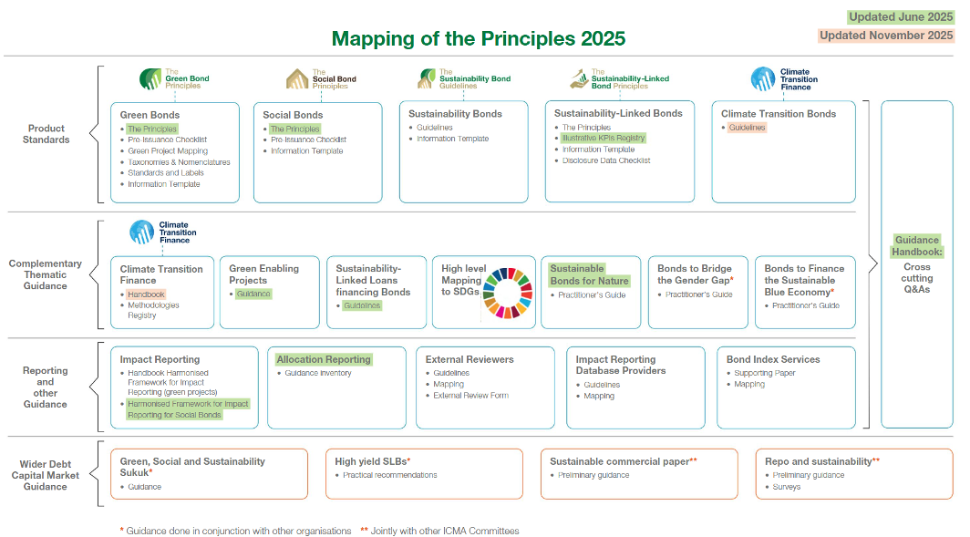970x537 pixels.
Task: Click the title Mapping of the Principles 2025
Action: [x=479, y=39]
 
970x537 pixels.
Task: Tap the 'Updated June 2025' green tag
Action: [x=901, y=17]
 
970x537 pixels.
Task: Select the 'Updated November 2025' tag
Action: [x=886, y=36]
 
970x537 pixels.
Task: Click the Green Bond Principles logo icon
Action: [x=150, y=79]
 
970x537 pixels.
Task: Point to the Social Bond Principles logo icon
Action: [x=297, y=79]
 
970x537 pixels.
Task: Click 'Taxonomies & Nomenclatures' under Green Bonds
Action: [x=179, y=162]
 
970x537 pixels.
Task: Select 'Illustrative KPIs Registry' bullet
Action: [x=604, y=138]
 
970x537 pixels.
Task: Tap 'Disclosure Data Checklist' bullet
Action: [x=606, y=160]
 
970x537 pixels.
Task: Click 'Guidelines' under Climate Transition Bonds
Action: [x=748, y=128]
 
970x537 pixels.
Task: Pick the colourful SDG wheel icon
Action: [x=508, y=293]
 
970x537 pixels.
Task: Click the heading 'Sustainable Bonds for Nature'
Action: [x=590, y=274]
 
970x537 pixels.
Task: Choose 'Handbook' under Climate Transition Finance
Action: [x=147, y=294]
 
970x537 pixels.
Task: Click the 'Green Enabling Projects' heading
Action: [x=264, y=274]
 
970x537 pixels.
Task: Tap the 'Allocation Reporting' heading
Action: [x=324, y=359]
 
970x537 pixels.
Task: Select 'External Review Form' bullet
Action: [x=470, y=396]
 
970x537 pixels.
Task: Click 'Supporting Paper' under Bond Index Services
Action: [x=765, y=373]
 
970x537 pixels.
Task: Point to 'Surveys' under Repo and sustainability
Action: [x=786, y=487]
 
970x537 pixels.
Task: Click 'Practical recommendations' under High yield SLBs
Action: [x=390, y=475]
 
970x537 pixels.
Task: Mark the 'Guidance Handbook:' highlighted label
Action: [x=917, y=245]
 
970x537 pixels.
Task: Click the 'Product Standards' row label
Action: [x=46, y=134]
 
